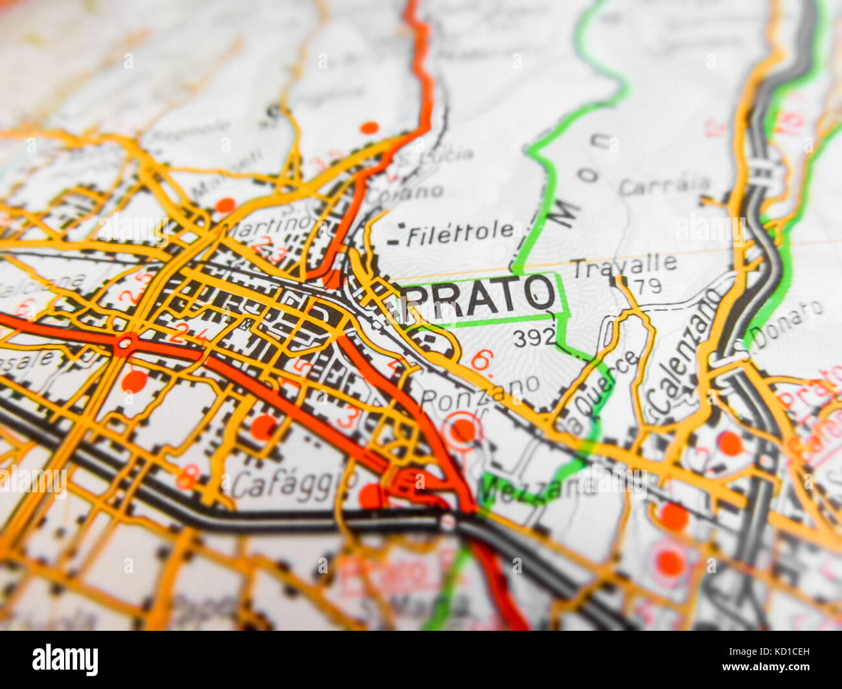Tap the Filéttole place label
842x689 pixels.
click(460, 233)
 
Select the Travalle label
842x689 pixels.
click(624, 265)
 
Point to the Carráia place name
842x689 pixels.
click(664, 186)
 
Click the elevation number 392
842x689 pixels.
click(534, 337)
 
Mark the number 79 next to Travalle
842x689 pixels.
click(648, 285)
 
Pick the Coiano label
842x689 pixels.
click(415, 192)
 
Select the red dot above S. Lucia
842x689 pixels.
click(369, 127)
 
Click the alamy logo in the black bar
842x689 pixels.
click(65, 659)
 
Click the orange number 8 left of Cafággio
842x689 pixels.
click(187, 477)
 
